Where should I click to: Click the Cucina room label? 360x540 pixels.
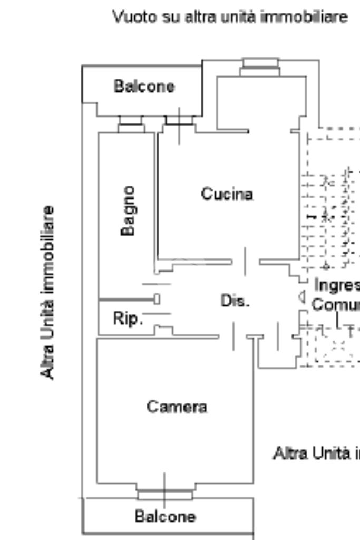(x=227, y=194)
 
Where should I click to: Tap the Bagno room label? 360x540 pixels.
(x=128, y=210)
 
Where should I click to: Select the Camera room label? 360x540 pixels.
(x=177, y=407)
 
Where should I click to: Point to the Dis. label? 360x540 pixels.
(x=235, y=301)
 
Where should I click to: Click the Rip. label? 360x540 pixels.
(x=128, y=319)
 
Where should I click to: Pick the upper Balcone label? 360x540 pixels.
(x=144, y=86)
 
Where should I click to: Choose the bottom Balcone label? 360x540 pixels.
(x=165, y=516)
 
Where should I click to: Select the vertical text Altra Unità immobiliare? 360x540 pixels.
(x=48, y=292)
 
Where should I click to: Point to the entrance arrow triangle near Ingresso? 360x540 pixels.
(x=302, y=297)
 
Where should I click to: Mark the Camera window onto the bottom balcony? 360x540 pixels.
(x=164, y=494)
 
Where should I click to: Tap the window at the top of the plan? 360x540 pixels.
(x=260, y=67)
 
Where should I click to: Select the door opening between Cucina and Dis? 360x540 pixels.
(x=245, y=262)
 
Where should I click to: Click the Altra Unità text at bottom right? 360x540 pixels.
(x=316, y=452)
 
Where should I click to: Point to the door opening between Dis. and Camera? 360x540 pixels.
(x=233, y=336)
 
